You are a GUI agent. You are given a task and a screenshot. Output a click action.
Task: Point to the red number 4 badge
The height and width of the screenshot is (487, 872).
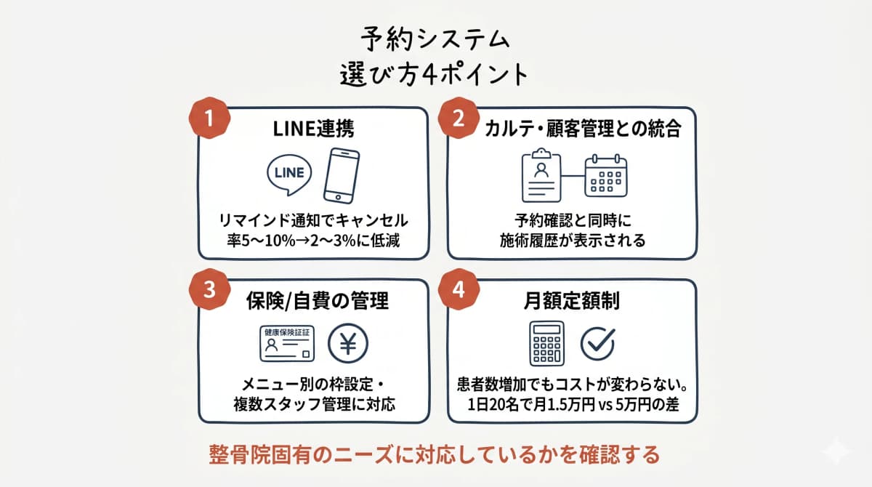(459, 289)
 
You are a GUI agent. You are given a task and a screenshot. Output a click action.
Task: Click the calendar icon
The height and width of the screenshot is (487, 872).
(605, 174)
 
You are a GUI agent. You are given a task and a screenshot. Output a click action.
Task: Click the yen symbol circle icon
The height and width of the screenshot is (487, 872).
(348, 342)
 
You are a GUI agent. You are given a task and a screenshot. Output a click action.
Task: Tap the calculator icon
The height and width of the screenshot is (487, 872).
(547, 342)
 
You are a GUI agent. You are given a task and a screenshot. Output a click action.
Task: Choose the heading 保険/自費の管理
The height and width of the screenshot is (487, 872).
(313, 299)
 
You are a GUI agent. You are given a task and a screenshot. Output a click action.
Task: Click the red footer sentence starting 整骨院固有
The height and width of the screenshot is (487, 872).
(434, 454)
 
